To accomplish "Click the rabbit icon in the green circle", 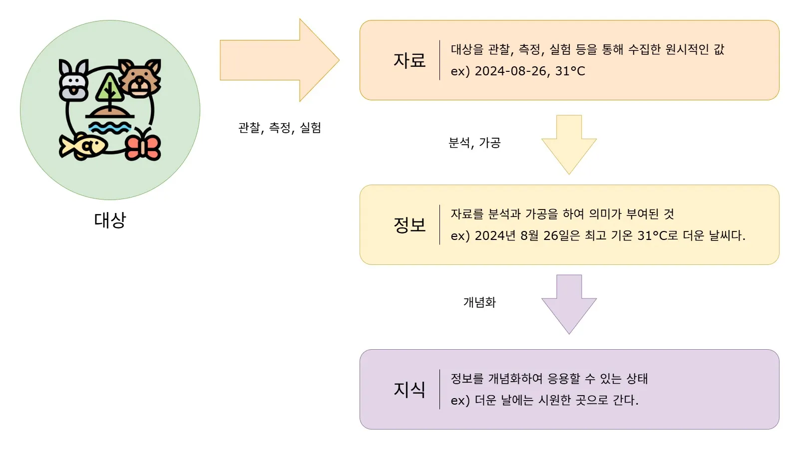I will [73, 81].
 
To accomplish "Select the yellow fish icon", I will [83, 146].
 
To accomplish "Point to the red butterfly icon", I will [143, 146].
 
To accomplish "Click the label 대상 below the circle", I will [110, 220].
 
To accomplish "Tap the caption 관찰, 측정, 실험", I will [280, 128].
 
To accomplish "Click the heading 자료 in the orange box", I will [409, 60].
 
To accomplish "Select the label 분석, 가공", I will [474, 143].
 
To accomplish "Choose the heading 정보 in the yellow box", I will [409, 225].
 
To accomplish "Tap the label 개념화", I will [479, 302].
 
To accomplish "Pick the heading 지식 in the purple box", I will [409, 390].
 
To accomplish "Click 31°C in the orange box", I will [570, 71].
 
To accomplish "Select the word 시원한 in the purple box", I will [554, 400].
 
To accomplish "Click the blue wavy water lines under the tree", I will [110, 128].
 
